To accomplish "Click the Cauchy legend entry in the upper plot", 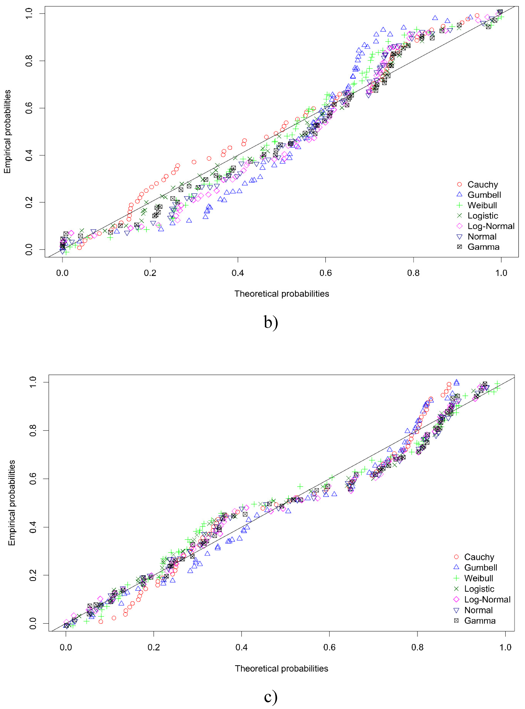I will (482, 185).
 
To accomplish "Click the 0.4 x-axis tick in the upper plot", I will (238, 273).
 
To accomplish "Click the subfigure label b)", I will (271, 322).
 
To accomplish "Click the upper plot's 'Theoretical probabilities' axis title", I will (282, 294).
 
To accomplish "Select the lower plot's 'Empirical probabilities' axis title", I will (12, 503).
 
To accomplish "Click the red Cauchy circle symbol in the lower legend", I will (456, 557).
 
